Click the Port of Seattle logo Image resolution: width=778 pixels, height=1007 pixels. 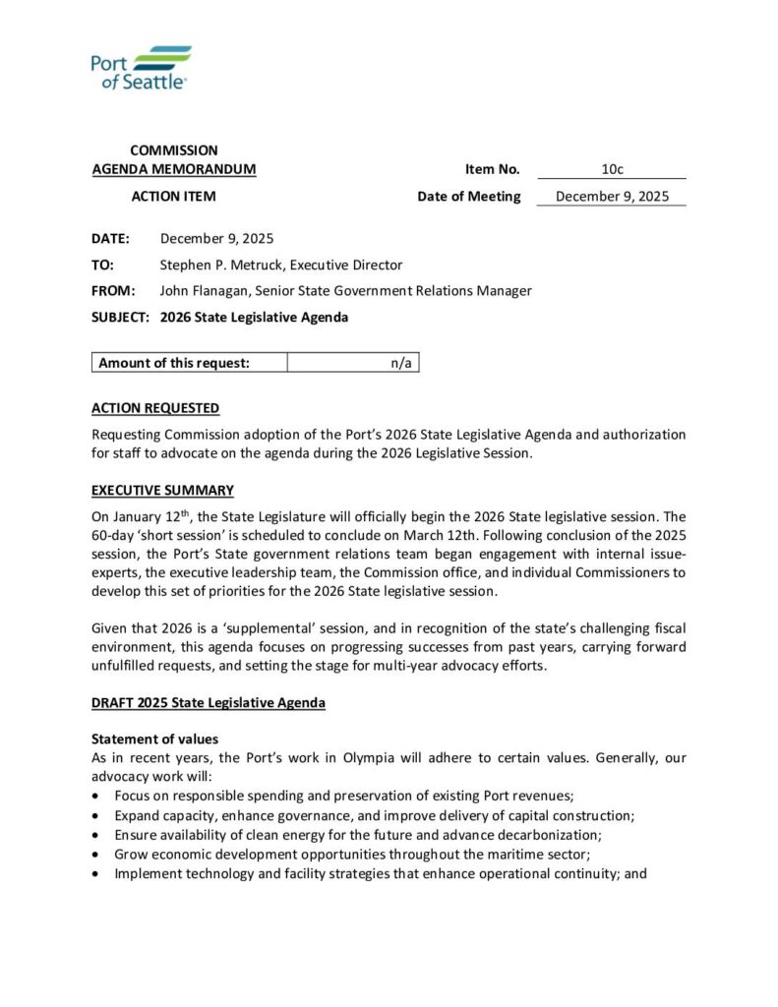[141, 68]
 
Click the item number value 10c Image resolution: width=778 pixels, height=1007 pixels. [612, 169]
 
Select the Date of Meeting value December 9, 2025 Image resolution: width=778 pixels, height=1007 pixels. [612, 196]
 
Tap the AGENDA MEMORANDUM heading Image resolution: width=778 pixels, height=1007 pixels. [173, 169]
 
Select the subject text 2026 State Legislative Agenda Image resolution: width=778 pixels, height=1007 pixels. [254, 317]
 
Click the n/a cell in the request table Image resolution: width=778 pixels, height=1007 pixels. [400, 363]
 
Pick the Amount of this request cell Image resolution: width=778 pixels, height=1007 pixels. [174, 363]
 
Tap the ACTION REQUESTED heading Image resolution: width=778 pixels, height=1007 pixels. [155, 408]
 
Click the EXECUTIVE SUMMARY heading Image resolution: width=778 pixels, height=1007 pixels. [162, 490]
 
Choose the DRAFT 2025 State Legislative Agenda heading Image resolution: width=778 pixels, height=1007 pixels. [208, 703]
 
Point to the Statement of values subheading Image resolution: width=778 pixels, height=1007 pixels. [154, 739]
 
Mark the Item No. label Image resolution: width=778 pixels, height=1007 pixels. [492, 169]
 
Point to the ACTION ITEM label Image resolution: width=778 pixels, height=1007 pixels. [173, 196]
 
